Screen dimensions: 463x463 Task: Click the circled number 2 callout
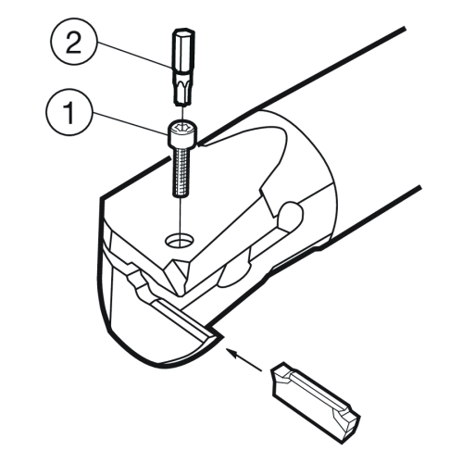[73, 41]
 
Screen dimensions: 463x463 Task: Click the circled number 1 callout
[69, 113]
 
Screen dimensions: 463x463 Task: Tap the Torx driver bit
[183, 67]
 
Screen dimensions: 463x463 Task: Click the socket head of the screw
[182, 135]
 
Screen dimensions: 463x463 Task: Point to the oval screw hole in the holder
[180, 240]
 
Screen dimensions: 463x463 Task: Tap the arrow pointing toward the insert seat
[244, 359]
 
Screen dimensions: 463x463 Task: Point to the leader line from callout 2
[134, 55]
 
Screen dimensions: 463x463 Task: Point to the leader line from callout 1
[131, 124]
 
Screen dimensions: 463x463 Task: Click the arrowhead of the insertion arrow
[232, 352]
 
